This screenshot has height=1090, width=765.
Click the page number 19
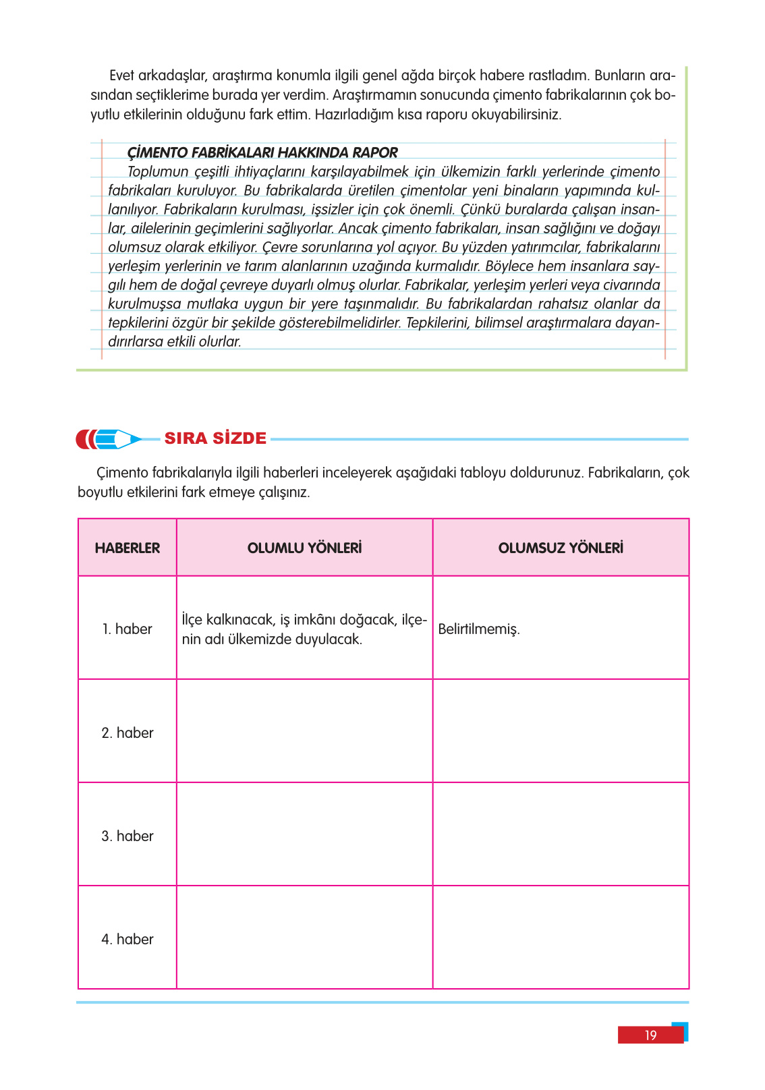pos(650,1035)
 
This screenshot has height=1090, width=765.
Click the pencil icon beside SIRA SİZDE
pos(108,439)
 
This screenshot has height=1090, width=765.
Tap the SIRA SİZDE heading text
pos(215,438)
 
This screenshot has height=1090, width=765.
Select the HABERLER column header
pos(128,548)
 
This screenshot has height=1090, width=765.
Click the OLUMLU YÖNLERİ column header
pos(304,548)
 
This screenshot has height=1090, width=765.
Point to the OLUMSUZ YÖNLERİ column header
pos(561,548)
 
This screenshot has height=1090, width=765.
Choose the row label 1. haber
pos(128,629)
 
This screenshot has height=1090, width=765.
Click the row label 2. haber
pos(128,733)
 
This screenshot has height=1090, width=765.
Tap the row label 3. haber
pos(128,836)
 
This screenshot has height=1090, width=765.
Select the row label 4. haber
pos(128,939)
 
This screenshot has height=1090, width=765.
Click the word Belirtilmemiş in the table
pos(479,629)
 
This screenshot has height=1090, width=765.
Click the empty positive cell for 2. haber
pos(304,731)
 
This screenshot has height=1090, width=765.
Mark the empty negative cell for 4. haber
pos(561,938)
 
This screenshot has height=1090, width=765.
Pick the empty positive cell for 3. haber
pos(304,834)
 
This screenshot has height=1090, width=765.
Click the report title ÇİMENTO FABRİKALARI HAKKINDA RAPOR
pos(262,152)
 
